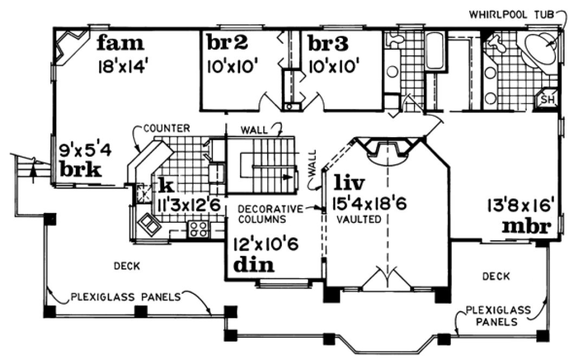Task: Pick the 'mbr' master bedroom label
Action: point(526,225)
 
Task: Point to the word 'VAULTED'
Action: point(358,220)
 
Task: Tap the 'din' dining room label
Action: point(254,265)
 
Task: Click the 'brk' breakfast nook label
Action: point(80,170)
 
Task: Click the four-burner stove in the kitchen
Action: point(198,229)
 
